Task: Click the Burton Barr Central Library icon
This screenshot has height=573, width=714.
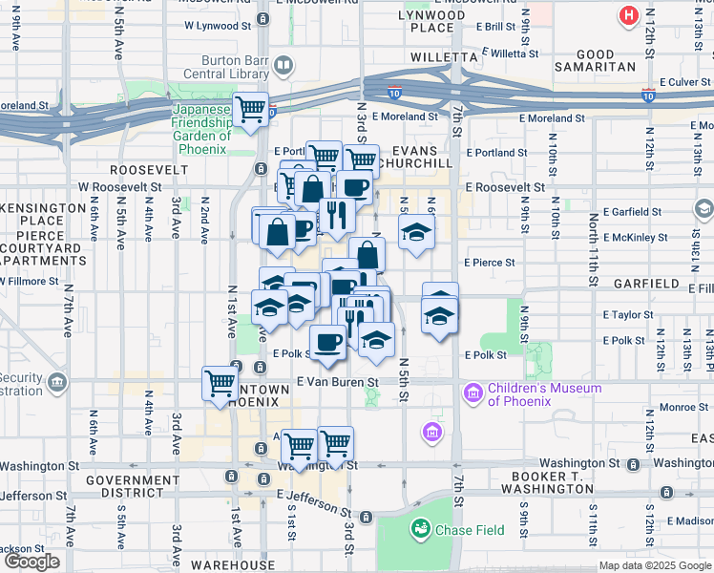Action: [283, 65]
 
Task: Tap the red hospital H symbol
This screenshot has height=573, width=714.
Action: [628, 15]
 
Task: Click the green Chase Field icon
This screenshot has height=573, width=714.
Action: [418, 528]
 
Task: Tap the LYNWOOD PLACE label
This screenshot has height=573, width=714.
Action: [431, 22]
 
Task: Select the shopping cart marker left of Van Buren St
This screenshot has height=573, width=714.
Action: [220, 383]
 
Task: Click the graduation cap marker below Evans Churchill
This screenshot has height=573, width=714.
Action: [416, 232]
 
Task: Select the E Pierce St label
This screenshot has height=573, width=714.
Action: [489, 262]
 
